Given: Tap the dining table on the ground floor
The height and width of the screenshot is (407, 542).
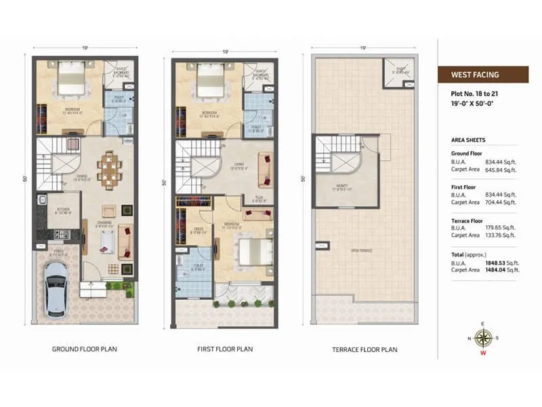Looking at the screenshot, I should coord(108,168).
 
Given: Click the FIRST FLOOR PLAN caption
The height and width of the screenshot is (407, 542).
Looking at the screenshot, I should coord(225,349).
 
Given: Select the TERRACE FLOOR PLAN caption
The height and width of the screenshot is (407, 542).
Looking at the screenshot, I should coord(365,349).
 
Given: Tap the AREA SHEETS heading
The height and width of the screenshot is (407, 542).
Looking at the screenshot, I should coord(468,140).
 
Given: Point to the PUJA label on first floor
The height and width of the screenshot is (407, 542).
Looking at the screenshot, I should coord(258,198).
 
